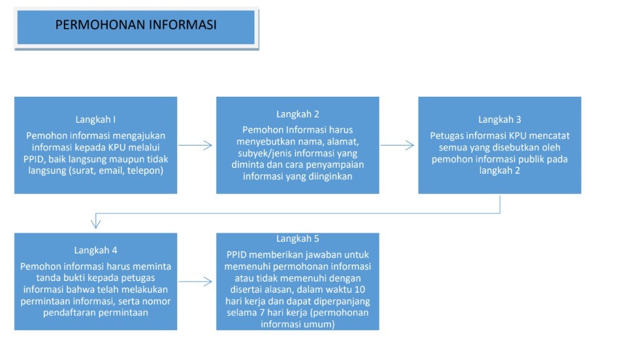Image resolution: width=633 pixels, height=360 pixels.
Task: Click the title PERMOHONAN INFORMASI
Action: pos(136,25)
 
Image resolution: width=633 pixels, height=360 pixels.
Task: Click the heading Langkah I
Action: pos(95,120)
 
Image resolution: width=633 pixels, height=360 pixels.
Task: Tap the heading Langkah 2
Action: pos(297,114)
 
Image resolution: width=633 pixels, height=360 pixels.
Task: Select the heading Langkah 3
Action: pos(500,120)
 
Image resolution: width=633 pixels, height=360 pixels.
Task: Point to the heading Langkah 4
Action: pos(95,250)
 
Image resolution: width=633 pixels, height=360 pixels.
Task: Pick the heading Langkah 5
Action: pos(297,239)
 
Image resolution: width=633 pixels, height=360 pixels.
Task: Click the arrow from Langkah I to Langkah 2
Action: pos(196,146)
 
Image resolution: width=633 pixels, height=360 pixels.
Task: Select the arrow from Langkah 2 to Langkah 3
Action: pos(398,146)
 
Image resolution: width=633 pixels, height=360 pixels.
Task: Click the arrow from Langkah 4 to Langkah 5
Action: pos(196,282)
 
